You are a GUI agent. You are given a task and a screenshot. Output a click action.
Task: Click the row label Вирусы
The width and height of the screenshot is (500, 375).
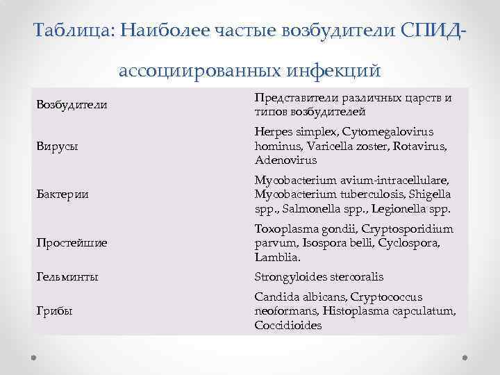click(x=57, y=147)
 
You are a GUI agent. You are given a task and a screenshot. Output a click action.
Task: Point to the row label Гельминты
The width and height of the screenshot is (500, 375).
click(x=67, y=276)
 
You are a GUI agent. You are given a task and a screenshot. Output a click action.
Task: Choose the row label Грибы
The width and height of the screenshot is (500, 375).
click(x=55, y=310)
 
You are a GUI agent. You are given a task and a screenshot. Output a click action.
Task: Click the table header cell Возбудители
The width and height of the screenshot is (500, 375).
click(x=72, y=106)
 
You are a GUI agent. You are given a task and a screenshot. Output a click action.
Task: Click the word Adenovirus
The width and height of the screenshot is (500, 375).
click(x=285, y=160)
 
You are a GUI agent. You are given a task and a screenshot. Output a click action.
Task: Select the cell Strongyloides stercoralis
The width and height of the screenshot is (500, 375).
click(x=319, y=276)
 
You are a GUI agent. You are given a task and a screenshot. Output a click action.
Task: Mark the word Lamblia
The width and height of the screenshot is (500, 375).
click(x=278, y=257)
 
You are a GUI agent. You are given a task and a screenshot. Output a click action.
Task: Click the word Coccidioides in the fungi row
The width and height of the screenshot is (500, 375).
click(x=288, y=324)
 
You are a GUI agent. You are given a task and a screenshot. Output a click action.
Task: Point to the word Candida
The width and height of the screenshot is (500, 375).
click(x=276, y=297)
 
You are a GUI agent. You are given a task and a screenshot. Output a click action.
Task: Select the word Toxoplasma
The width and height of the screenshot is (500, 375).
click(x=285, y=229)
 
